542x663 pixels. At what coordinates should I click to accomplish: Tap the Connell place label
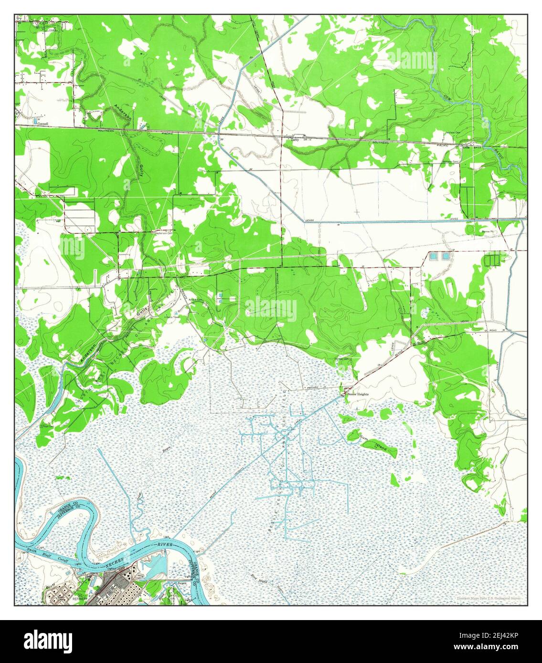pos(43,123)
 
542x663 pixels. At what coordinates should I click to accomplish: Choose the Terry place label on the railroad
pos(295,140)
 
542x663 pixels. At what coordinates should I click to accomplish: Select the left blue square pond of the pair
pos(433,256)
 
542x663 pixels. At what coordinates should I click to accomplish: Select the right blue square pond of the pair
pos(446,256)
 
